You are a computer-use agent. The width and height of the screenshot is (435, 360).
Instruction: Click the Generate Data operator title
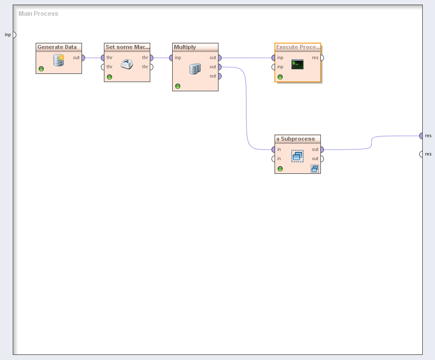tap(57, 47)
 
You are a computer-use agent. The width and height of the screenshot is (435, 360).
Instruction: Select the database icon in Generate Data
tap(59, 61)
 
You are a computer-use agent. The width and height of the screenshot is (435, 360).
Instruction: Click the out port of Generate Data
tap(83, 58)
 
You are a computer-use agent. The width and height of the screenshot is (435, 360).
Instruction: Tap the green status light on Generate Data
tap(41, 69)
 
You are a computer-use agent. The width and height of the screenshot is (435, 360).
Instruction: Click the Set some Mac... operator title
tap(127, 47)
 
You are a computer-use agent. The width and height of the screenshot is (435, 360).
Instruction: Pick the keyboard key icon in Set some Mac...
tap(126, 64)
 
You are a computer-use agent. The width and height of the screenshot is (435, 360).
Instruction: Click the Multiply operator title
tap(185, 47)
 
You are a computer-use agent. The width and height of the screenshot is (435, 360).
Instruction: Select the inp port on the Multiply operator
tap(172, 58)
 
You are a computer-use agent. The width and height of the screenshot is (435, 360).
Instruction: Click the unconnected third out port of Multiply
tap(219, 76)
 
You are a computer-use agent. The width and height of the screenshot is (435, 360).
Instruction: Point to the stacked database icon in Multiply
tap(195, 68)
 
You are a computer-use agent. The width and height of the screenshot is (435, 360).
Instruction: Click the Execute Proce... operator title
tap(298, 47)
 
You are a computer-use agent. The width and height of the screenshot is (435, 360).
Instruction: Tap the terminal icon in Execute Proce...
tap(297, 64)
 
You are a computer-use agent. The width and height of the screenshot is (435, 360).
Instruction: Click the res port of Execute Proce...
tap(321, 58)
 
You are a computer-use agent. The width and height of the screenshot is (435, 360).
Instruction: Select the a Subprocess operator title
tap(295, 139)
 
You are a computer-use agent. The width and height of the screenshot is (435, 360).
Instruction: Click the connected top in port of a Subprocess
tap(274, 149)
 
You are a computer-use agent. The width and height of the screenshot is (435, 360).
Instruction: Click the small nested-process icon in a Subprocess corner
tap(315, 169)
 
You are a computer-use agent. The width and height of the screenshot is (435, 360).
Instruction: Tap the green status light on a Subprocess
tap(280, 169)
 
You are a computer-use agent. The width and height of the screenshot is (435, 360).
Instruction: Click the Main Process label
tap(38, 14)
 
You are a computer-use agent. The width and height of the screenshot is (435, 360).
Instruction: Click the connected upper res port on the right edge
tap(421, 136)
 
